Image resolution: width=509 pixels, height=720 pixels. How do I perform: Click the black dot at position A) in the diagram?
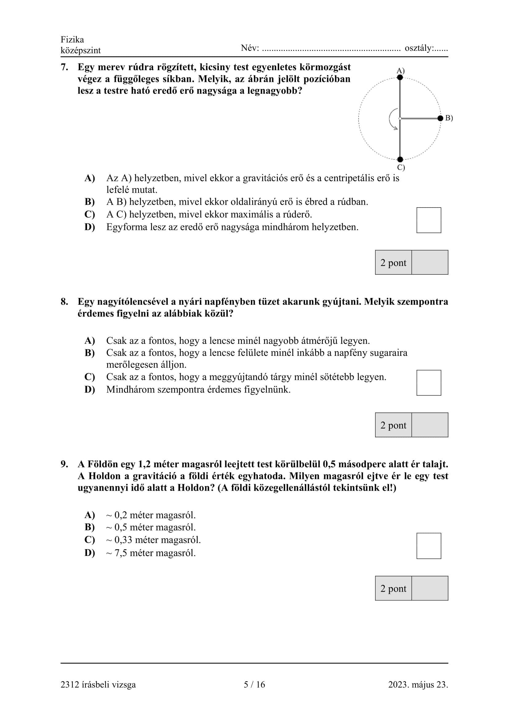pos(400,77)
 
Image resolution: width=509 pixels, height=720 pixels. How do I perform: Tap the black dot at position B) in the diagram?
pos(440,118)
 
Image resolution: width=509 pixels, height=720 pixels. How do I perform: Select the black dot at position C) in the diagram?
pos(400,159)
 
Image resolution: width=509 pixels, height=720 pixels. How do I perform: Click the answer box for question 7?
pos(428,220)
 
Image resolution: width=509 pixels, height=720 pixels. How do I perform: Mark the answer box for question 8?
pos(428,383)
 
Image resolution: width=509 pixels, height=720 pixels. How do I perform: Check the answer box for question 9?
pos(428,546)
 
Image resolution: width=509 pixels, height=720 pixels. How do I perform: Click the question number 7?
pos(64,67)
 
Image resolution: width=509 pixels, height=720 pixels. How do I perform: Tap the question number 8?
pos(64,302)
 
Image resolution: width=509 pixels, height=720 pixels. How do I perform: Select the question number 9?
pos(64,464)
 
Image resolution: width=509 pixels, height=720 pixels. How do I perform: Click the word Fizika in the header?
pos(72,39)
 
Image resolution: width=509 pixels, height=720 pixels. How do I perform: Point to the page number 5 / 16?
pos(254,684)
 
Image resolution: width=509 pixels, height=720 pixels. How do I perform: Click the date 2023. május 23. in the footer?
pos(418,684)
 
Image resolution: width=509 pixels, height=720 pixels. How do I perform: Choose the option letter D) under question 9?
pos(90,553)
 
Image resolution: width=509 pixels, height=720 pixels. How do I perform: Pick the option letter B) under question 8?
pos(90,353)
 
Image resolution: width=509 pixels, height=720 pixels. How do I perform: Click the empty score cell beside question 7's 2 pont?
pos(429,263)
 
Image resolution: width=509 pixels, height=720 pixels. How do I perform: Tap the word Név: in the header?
pos(250,48)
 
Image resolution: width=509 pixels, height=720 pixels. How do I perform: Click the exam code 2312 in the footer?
pos(70,684)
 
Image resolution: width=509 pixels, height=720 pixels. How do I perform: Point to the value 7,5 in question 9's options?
pos(121,553)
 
